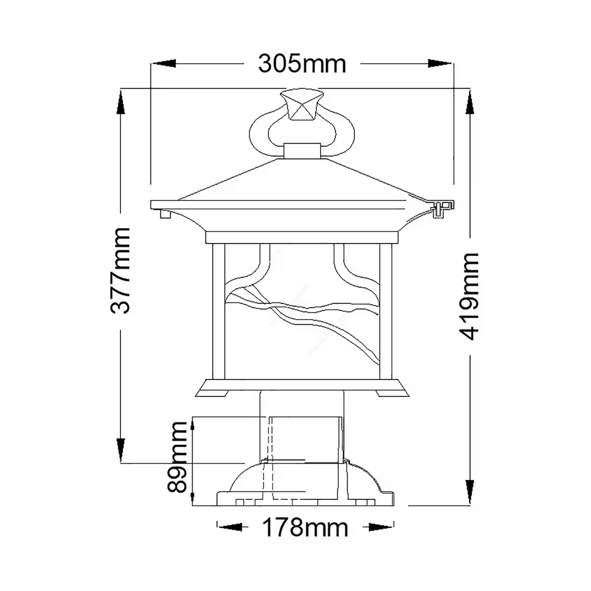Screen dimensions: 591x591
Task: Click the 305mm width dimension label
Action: (x=302, y=64)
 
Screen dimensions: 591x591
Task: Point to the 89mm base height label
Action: (x=178, y=457)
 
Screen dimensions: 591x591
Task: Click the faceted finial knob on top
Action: (x=301, y=104)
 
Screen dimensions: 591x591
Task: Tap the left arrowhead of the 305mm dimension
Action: (x=164, y=64)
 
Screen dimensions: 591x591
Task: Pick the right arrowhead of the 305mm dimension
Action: (x=439, y=64)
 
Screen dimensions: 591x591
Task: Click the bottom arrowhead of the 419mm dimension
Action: (x=470, y=492)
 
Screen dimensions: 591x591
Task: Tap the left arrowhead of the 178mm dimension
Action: (x=230, y=527)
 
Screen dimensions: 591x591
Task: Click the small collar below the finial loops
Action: (x=301, y=151)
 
